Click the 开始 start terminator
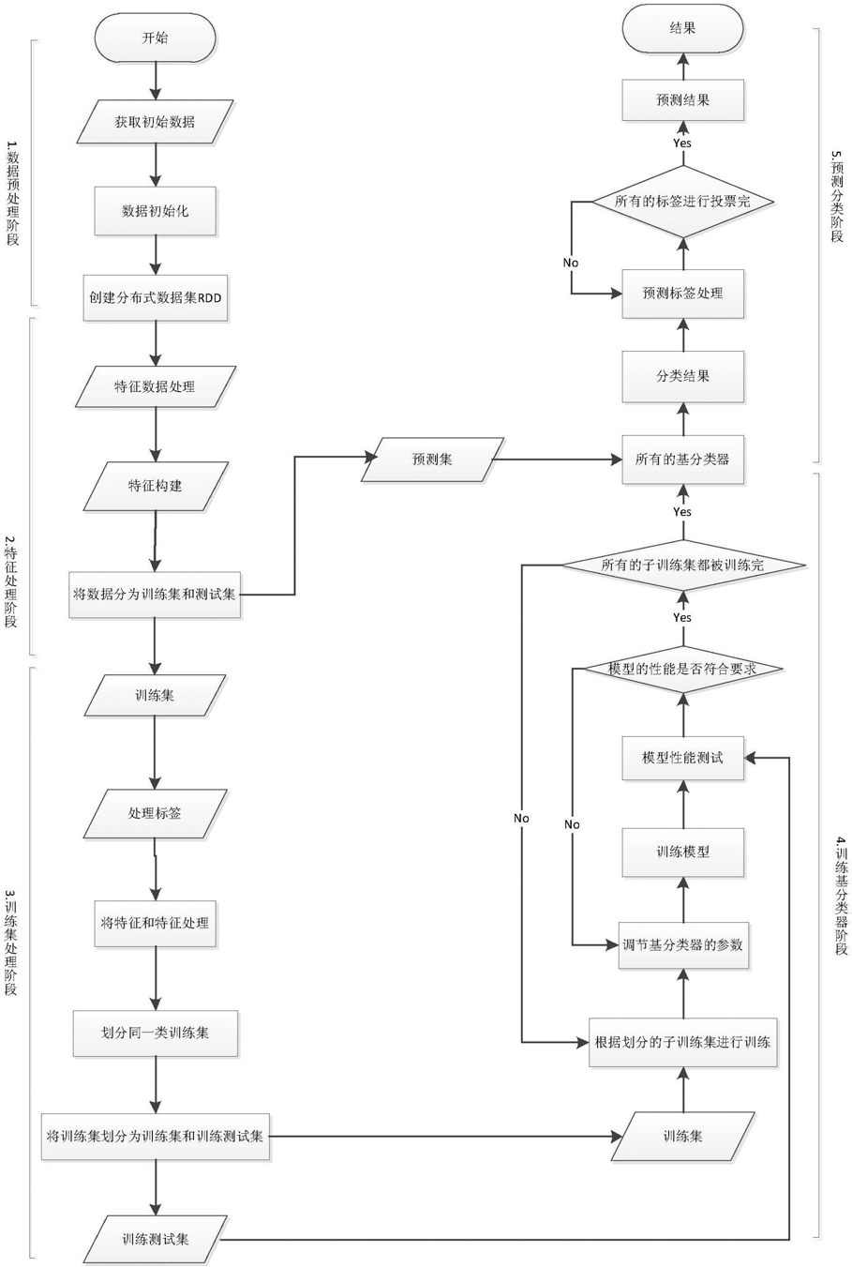tap(155, 38)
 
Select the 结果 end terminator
tap(682, 29)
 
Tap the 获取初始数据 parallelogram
tap(155, 122)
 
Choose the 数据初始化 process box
tap(155, 211)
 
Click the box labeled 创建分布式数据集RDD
tap(155, 298)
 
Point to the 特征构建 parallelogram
tap(155, 486)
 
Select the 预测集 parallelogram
tap(432, 460)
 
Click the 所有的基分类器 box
tap(682, 460)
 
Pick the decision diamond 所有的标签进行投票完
tap(682, 202)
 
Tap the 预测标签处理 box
tap(682, 294)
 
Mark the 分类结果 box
tap(682, 376)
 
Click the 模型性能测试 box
tap(682, 758)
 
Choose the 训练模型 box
tap(682, 852)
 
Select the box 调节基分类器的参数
tap(682, 945)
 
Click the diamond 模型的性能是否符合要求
tap(682, 670)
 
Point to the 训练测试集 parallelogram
tap(155, 1239)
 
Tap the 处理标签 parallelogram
tap(155, 813)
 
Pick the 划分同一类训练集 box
tap(155, 1033)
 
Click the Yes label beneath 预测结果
tap(682, 143)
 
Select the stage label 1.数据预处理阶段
tap(12, 192)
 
